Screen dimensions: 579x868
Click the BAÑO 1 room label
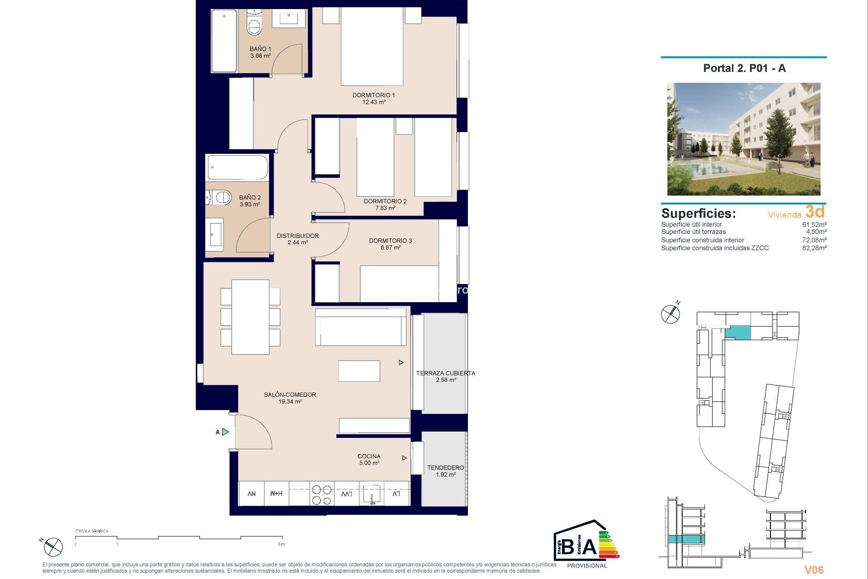click(260, 49)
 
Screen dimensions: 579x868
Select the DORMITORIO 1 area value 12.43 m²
click(373, 102)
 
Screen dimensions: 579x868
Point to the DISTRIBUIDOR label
click(297, 236)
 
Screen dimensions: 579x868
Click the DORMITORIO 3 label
click(390, 241)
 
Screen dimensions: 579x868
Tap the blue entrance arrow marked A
click(226, 432)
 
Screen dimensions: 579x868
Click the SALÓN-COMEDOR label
click(290, 394)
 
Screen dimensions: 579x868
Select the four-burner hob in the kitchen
click(321, 494)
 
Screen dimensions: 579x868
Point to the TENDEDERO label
click(445, 468)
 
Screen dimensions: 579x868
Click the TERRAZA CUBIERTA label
click(445, 373)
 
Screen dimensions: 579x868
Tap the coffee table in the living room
click(359, 371)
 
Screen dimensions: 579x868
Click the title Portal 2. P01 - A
click(744, 68)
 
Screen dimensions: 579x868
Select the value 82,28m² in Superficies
click(814, 248)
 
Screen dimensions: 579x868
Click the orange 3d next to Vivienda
click(815, 212)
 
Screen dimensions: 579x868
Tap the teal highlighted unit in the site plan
click(737, 332)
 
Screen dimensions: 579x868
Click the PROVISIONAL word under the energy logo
click(587, 565)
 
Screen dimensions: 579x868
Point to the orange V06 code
click(814, 570)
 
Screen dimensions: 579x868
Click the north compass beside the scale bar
click(53, 547)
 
